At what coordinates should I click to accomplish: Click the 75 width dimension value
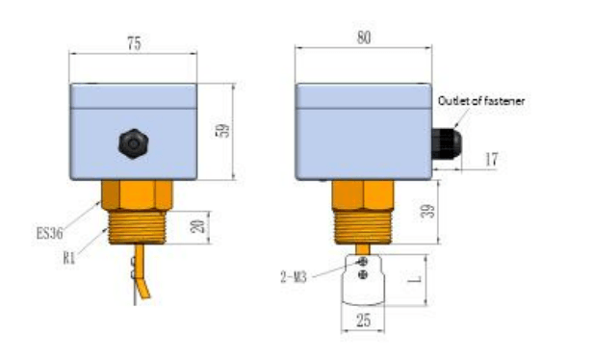tap(134, 43)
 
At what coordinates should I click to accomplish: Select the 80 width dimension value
tap(364, 38)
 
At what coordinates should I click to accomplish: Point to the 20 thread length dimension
tap(198, 226)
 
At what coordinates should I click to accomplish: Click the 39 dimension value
tap(427, 212)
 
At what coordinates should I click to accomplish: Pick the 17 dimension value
tap(491, 159)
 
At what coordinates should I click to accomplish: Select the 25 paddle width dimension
tap(363, 321)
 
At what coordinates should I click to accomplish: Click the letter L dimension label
tap(415, 279)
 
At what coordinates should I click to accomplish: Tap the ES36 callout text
tap(49, 233)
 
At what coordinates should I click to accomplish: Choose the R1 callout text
tap(69, 258)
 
